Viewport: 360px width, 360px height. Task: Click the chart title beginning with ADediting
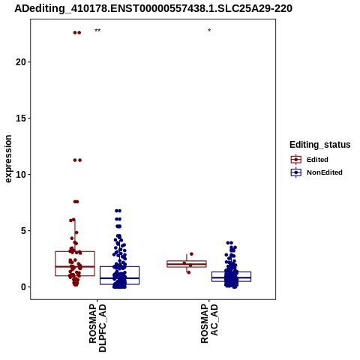(153, 8)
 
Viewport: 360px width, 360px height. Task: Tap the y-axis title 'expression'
(8, 159)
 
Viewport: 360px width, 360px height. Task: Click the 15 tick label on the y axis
(21, 118)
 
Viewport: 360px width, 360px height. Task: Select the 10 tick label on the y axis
(21, 175)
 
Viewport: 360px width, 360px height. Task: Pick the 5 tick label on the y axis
(24, 231)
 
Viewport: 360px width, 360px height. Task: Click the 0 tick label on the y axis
(24, 287)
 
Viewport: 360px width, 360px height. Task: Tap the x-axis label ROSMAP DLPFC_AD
(97, 328)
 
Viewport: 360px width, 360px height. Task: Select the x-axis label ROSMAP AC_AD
(209, 323)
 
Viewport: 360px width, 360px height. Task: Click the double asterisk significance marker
(97, 31)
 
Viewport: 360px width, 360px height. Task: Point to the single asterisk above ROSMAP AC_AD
(209, 30)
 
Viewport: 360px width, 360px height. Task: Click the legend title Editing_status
(320, 145)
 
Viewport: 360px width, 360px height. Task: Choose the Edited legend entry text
(317, 160)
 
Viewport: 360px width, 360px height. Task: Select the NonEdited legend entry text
(325, 172)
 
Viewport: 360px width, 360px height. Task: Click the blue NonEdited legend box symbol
(296, 172)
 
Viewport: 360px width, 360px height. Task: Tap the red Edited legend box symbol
(296, 160)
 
